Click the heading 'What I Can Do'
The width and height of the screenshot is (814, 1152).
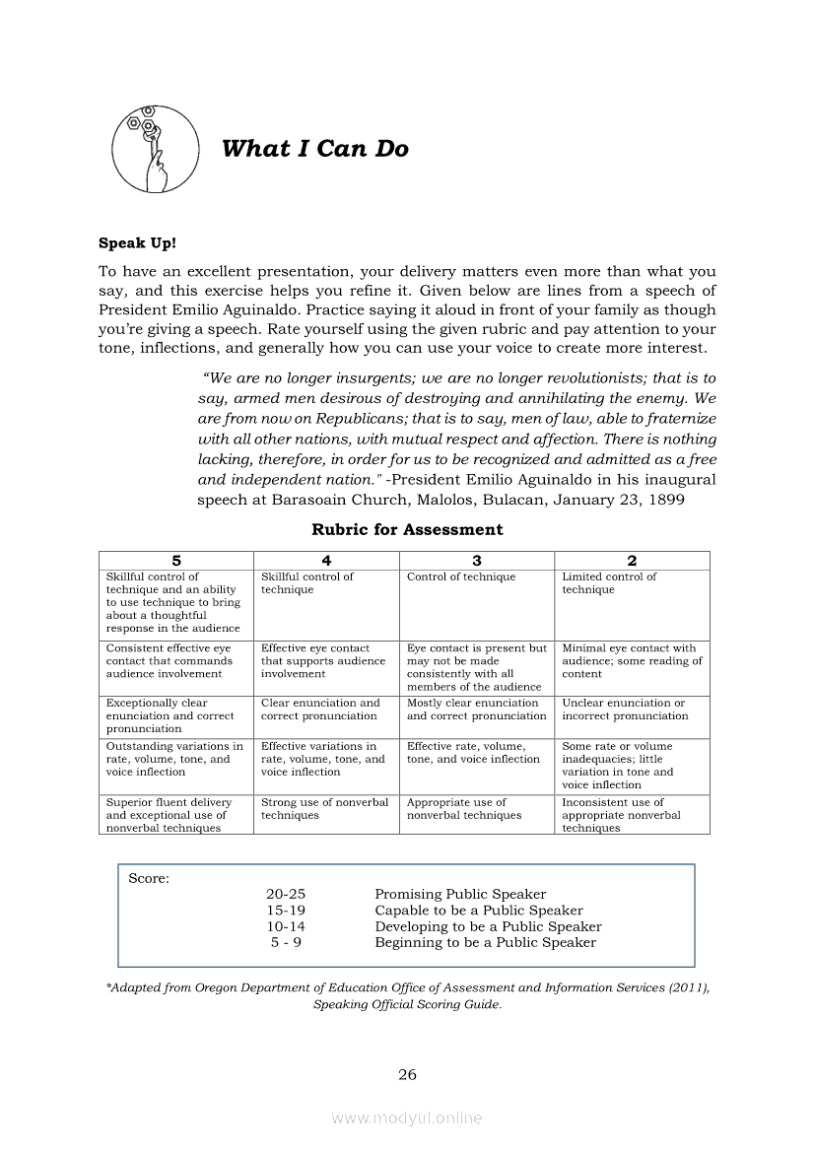click(314, 149)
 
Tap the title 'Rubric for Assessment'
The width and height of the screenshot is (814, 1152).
click(407, 529)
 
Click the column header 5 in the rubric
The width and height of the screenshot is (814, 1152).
click(176, 561)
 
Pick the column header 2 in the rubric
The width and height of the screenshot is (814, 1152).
click(632, 561)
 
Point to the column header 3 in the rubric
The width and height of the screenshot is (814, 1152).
click(477, 561)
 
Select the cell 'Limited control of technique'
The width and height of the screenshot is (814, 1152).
click(609, 583)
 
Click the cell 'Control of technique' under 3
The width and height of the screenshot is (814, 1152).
click(461, 577)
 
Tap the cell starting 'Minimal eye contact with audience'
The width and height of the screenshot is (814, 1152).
click(632, 661)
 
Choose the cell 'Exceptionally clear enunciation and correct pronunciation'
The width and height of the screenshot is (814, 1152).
click(170, 716)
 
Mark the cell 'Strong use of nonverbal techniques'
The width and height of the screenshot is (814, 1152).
click(324, 809)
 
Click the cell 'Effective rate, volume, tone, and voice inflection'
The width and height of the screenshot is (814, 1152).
click(473, 753)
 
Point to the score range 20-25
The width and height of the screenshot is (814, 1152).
click(286, 895)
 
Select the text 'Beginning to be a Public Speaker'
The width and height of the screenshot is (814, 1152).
click(485, 943)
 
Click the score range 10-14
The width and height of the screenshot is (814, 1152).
click(286, 927)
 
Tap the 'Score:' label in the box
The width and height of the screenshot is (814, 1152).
click(149, 879)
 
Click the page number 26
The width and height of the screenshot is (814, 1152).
click(407, 1075)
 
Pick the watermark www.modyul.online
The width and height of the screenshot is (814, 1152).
click(407, 1118)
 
